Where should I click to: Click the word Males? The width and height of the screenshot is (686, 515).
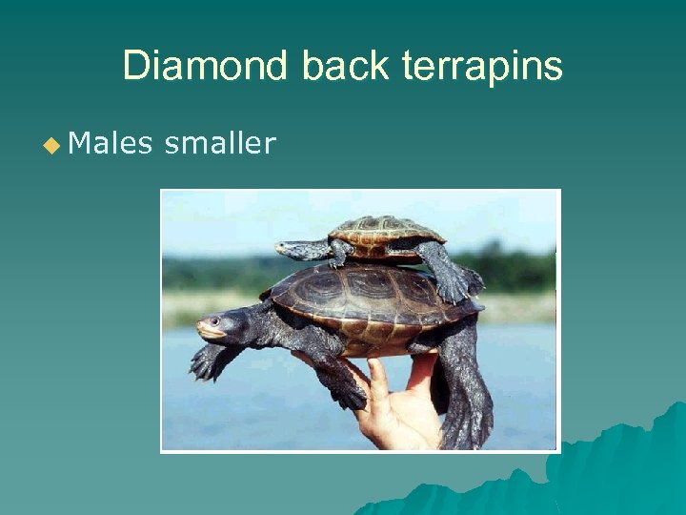point(111,144)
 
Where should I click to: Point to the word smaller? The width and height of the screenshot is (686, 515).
point(220,144)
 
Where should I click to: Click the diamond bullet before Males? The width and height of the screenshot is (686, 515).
point(50,145)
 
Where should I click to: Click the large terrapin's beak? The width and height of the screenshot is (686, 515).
point(201,330)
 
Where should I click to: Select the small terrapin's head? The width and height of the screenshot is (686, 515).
point(290,249)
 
